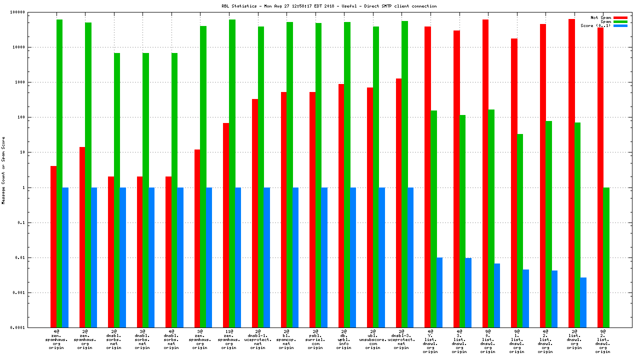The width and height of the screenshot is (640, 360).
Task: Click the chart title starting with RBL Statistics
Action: [x=329, y=6]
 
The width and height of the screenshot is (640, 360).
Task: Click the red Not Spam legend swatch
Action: [x=620, y=17]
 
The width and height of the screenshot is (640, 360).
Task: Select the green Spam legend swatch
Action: [x=620, y=21]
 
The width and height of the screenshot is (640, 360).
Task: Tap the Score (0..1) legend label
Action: [x=595, y=25]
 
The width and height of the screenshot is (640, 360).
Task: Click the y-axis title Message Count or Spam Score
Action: [x=3, y=170]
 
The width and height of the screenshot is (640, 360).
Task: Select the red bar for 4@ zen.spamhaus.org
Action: [x=53, y=246]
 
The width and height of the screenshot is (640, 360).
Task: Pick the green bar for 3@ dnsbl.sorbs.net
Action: [x=145, y=190]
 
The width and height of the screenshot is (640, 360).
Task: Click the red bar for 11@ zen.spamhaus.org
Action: [x=226, y=225]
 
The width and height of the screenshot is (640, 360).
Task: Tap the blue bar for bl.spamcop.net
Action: [x=295, y=257]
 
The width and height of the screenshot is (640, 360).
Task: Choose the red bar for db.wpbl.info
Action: [x=341, y=205]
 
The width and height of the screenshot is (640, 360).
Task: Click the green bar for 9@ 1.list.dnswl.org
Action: [x=520, y=230]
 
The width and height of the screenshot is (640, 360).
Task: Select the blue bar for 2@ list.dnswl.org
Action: [x=583, y=302]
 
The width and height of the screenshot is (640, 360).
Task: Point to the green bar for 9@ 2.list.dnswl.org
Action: [x=606, y=257]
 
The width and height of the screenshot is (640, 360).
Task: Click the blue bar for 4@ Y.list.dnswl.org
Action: [x=439, y=292]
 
